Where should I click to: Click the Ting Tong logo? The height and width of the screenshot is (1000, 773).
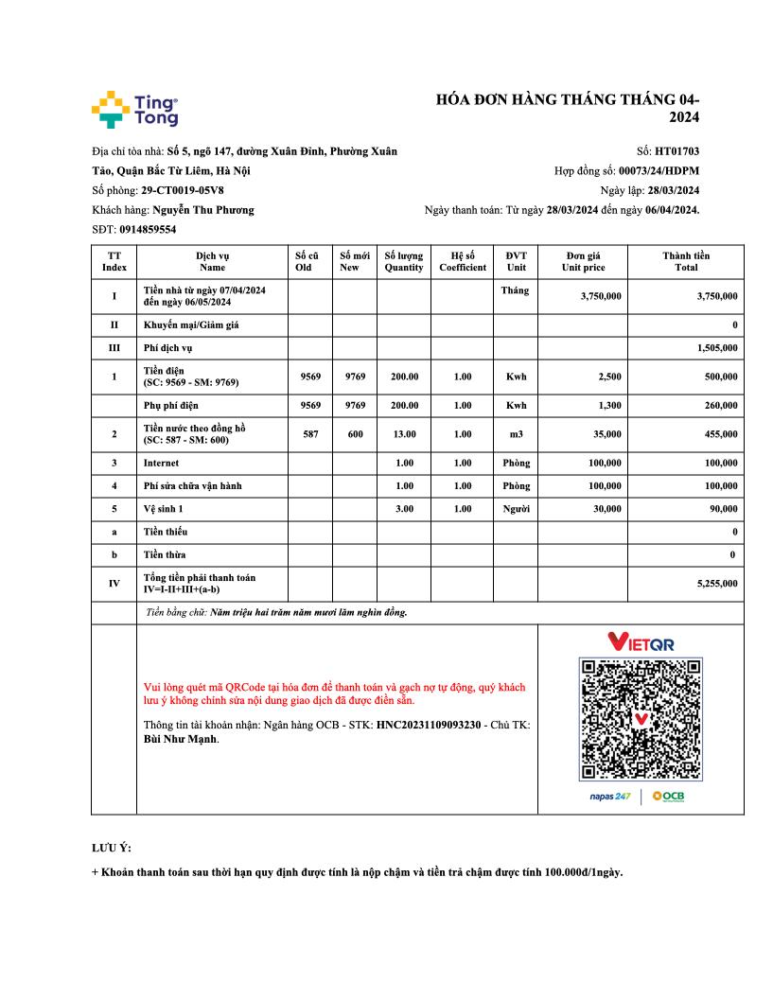(134, 110)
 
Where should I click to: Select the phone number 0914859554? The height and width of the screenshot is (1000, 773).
(148, 230)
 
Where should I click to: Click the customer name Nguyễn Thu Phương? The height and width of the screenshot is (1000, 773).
(202, 210)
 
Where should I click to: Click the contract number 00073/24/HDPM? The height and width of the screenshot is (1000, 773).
(659, 171)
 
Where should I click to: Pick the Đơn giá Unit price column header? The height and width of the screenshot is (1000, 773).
(583, 261)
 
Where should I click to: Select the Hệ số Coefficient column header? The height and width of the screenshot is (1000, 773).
(463, 261)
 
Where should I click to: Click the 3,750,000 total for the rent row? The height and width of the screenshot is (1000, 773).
(716, 296)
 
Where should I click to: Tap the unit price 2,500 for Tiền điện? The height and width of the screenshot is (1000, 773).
(609, 377)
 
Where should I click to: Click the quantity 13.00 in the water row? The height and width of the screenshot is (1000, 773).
(404, 434)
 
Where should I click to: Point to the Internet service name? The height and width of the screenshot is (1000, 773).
(161, 464)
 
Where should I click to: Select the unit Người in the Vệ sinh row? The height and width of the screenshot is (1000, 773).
(516, 508)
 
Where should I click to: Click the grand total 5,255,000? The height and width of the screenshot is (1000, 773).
(716, 584)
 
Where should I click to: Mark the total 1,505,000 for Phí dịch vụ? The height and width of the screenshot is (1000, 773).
(716, 348)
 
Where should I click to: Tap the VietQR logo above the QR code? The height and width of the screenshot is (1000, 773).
(641, 642)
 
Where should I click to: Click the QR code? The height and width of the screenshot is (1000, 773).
(641, 719)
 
